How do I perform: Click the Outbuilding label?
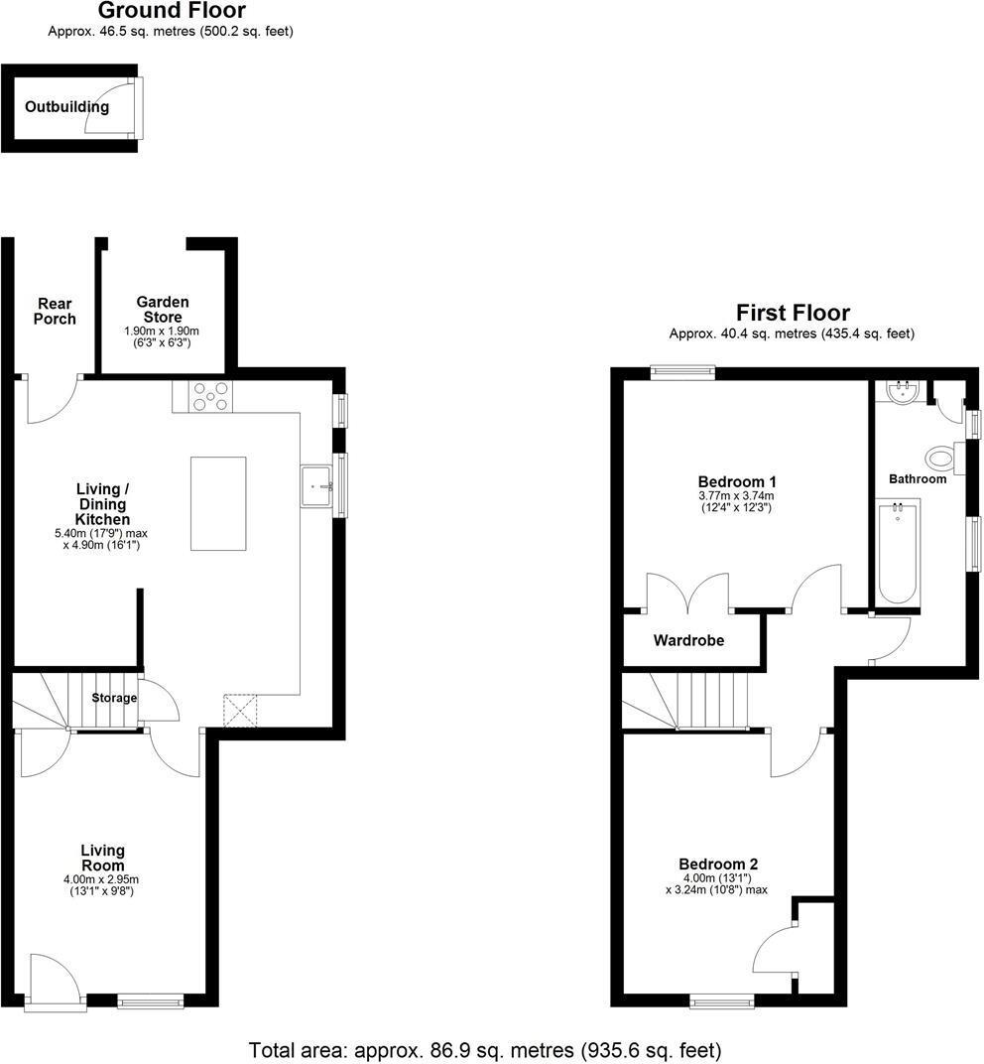click(x=67, y=107)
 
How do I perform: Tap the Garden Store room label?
click(x=163, y=310)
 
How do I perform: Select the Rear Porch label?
click(x=55, y=311)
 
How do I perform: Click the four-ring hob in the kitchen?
click(x=209, y=396)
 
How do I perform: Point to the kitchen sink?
click(x=316, y=486)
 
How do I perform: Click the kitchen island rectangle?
click(x=218, y=503)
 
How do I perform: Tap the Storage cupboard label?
click(x=114, y=699)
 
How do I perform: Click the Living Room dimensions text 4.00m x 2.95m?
click(x=102, y=878)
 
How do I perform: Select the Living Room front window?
click(x=150, y=1002)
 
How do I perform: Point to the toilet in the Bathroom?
click(x=942, y=459)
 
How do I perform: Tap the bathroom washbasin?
click(x=904, y=393)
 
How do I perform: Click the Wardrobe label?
click(x=688, y=641)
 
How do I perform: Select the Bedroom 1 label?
click(x=735, y=482)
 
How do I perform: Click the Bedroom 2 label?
click(x=718, y=864)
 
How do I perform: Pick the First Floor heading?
click(x=792, y=313)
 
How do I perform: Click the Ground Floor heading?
click(x=171, y=11)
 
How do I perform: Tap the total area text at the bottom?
click(x=485, y=1048)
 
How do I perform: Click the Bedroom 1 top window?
click(x=682, y=372)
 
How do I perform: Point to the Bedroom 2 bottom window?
click(x=721, y=1002)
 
